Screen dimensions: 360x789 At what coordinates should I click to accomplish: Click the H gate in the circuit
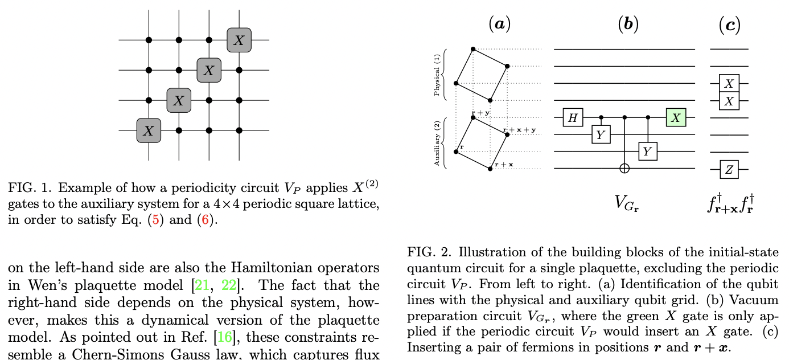point(573,117)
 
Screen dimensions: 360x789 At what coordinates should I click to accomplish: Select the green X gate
point(676,117)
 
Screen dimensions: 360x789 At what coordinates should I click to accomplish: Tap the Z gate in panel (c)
point(729,169)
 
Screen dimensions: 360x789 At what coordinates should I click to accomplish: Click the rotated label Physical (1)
point(437,75)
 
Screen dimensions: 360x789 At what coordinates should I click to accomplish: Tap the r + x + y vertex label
point(520,130)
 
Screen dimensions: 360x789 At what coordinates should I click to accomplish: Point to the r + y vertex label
point(481,113)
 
